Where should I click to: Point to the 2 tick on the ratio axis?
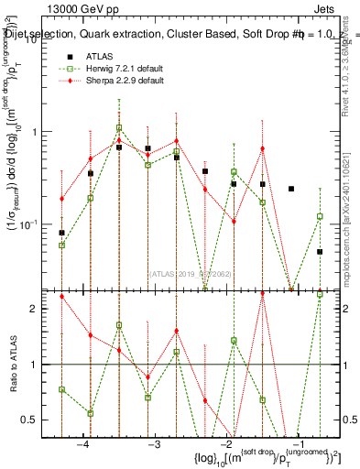click(33, 308)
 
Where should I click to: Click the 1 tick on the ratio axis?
click(33, 365)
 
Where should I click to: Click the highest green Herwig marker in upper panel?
click(119, 128)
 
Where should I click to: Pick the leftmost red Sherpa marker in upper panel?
click(61, 199)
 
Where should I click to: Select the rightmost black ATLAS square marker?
click(320, 252)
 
